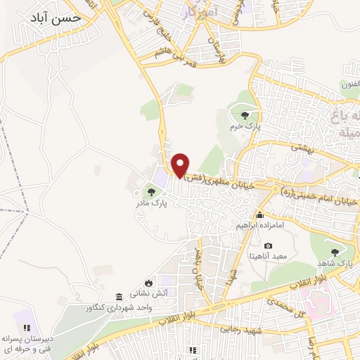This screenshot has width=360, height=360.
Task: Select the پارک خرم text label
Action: (x=247, y=127)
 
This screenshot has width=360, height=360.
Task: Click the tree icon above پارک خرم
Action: (x=244, y=115)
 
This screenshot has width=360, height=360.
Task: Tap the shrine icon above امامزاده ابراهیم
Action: (x=260, y=214)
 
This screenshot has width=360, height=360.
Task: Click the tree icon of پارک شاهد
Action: (x=334, y=251)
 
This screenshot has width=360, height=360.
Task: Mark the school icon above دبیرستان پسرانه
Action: (x=26, y=328)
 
